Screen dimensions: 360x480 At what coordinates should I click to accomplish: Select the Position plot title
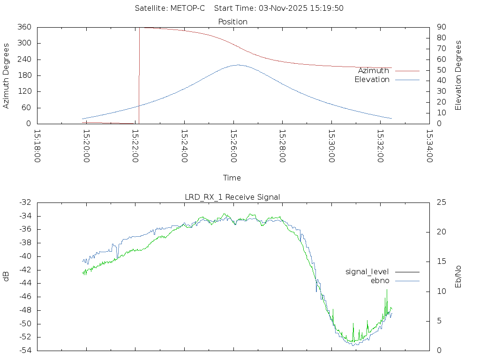click(233, 22)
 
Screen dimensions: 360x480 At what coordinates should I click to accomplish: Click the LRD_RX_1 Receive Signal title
click(232, 197)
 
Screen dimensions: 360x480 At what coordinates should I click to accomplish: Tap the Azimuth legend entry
click(374, 71)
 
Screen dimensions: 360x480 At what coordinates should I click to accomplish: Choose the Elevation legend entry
click(372, 80)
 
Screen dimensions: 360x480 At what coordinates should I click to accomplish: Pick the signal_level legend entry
click(367, 272)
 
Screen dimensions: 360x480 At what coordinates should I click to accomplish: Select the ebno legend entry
click(380, 280)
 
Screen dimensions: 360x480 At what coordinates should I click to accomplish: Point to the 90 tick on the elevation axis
click(441, 27)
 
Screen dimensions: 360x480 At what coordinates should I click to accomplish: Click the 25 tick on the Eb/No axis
click(441, 202)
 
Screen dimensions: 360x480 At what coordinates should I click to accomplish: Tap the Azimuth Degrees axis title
click(6, 75)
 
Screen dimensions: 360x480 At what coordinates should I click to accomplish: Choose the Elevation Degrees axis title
click(459, 75)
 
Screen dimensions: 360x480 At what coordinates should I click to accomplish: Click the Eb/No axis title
click(459, 277)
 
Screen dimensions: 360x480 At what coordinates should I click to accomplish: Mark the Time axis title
click(232, 178)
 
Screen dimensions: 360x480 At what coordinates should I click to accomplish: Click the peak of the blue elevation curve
click(238, 65)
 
